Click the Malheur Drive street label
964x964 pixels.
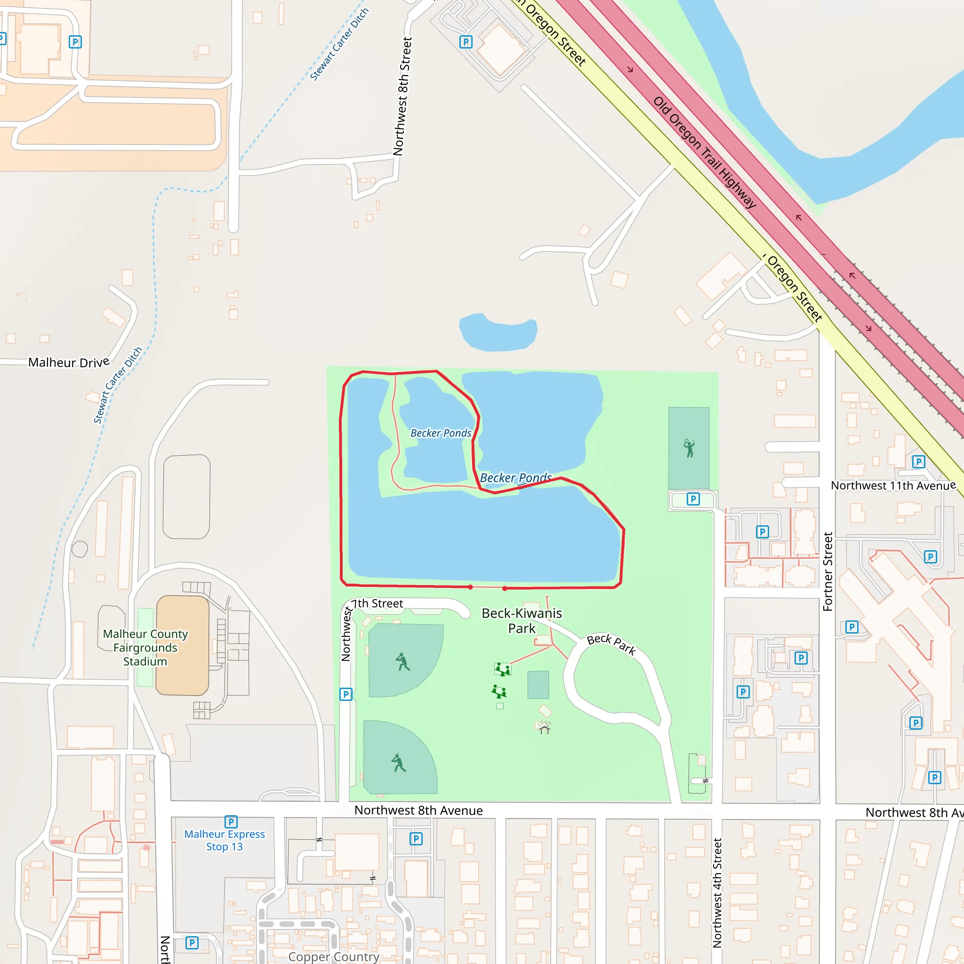[x=68, y=362]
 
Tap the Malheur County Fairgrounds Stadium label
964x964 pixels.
[x=145, y=648]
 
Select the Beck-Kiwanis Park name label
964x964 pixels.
[x=522, y=620]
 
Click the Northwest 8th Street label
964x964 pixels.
[x=402, y=96]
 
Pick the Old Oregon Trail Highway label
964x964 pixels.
[x=705, y=152]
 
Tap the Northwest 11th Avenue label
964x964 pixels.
[x=893, y=485]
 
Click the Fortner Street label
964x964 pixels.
[x=828, y=571]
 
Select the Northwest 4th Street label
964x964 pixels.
[x=717, y=892]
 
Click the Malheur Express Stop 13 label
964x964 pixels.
[x=225, y=840]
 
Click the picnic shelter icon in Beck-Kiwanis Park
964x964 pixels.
[x=545, y=728]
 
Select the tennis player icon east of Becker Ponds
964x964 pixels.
[x=689, y=448]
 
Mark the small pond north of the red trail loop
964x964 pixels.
[x=498, y=332]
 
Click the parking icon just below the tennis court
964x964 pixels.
[x=693, y=499]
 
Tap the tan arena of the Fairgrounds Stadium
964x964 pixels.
[x=182, y=645]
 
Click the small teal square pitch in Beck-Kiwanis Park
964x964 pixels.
[x=538, y=684]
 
